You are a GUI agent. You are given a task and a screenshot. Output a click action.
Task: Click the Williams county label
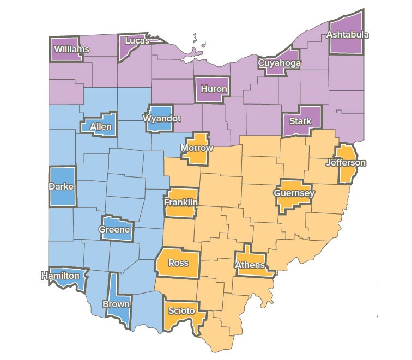(71, 49)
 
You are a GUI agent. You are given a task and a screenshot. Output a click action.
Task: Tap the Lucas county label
(137, 41)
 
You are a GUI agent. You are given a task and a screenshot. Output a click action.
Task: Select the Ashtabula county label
(347, 35)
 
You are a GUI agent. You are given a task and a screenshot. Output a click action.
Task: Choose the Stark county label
(300, 121)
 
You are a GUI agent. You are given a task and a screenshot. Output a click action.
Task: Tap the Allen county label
(101, 127)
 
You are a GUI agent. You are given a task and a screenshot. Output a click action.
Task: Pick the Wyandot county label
(161, 118)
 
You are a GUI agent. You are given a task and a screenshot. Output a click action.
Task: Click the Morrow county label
(196, 148)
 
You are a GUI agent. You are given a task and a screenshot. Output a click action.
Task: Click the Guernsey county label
(294, 193)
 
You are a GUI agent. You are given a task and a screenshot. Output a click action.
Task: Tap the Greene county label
(114, 229)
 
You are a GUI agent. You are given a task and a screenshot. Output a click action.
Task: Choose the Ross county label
(178, 263)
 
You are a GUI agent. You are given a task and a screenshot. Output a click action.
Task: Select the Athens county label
(250, 265)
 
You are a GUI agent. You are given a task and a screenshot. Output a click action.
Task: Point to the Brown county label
(116, 304)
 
